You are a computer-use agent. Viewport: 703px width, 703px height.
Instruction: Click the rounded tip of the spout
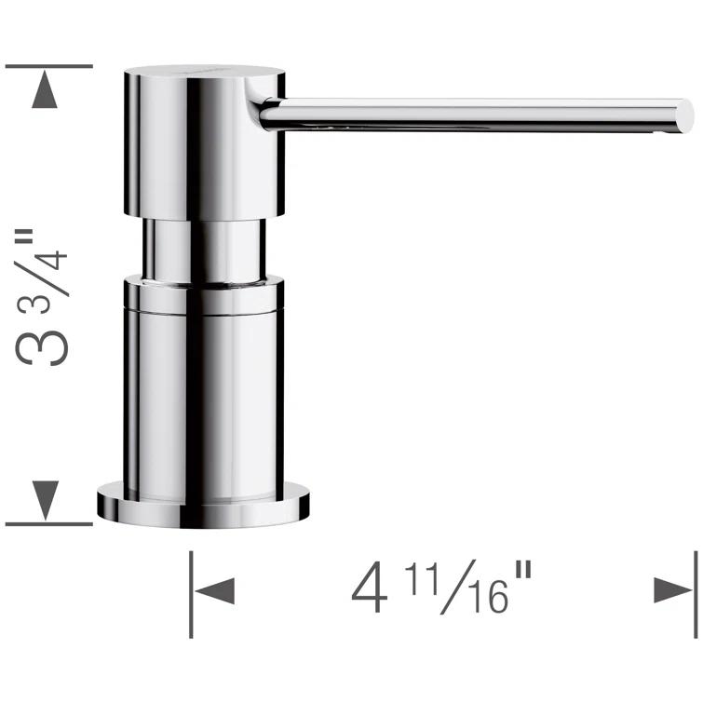click(x=685, y=115)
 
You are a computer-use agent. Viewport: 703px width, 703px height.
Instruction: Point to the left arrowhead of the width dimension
click(x=214, y=590)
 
